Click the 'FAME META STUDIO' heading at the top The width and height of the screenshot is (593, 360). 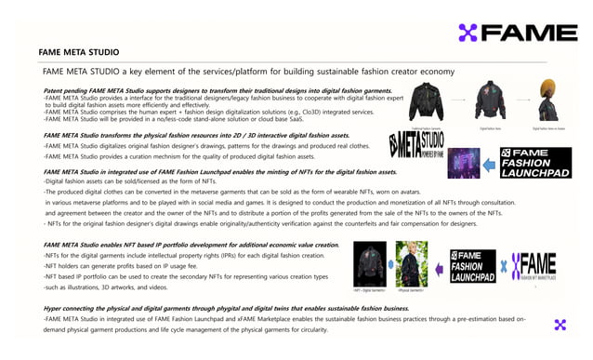(x=78, y=53)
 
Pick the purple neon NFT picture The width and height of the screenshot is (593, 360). (x=464, y=162)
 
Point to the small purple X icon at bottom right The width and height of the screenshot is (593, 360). (x=559, y=325)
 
